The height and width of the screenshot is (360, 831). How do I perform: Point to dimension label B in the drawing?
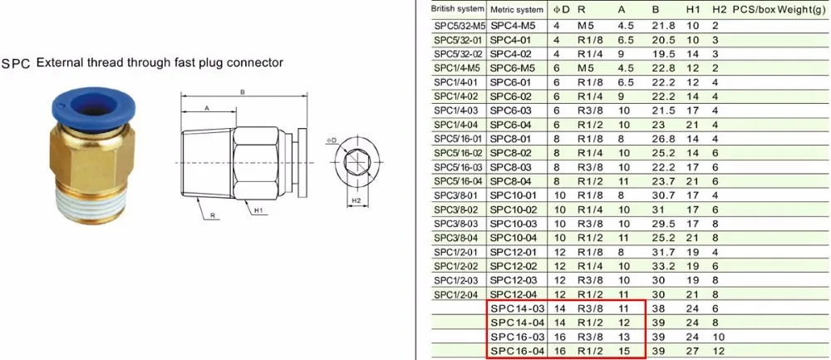click(243, 92)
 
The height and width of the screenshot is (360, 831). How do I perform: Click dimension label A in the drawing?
click(207, 107)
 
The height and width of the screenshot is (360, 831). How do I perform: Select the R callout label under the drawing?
click(212, 216)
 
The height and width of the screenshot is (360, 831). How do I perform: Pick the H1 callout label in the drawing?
click(258, 211)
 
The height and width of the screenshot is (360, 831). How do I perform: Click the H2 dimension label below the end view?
click(356, 200)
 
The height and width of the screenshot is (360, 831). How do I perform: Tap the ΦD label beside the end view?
click(332, 141)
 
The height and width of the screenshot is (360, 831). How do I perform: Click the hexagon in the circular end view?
click(356, 161)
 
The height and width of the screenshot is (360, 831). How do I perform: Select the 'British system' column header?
click(457, 9)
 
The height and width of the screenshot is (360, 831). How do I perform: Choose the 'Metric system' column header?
click(517, 9)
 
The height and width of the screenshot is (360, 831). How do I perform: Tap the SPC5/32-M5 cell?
click(460, 26)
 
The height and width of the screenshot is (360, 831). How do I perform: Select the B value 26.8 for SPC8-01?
click(662, 140)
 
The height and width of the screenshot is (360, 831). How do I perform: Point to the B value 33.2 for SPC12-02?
click(662, 266)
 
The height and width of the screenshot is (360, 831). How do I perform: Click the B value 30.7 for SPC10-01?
click(662, 195)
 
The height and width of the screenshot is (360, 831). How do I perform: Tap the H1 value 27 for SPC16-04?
click(691, 351)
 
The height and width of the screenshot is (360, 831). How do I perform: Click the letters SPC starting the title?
click(17, 64)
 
